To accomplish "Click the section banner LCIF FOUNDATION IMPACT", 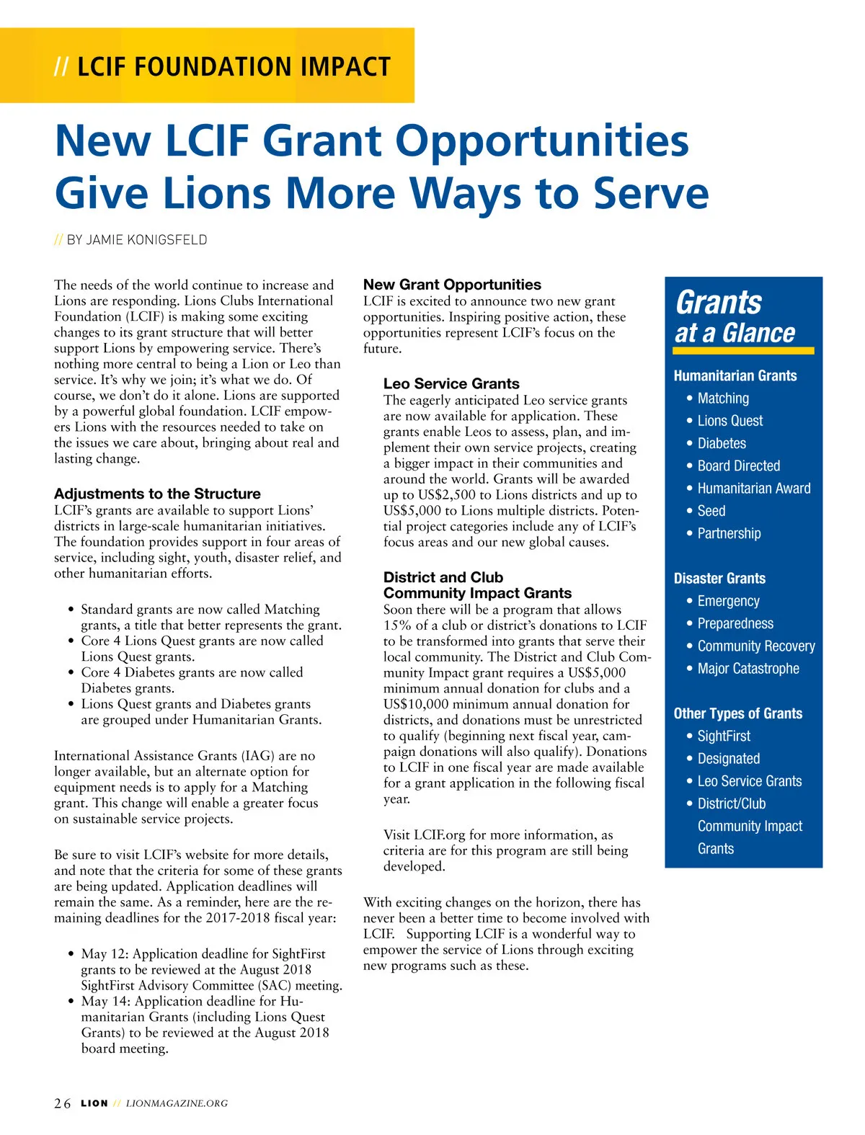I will coord(233,67).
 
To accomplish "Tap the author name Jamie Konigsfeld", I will coord(146,240).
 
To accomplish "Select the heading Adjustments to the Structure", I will coord(157,494).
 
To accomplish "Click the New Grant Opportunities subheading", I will coord(452,285).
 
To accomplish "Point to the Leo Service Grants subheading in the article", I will coord(451,383).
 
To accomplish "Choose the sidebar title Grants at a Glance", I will coord(735,318).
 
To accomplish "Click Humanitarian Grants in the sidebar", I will coord(735,375).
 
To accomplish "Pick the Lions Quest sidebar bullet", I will coord(729,421).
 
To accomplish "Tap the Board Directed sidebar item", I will coord(738,466).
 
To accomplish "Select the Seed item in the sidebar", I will coord(711,511).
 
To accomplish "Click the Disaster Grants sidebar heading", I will coord(719,579).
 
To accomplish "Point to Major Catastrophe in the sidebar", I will coord(748,669).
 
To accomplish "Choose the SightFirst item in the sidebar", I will coord(724,736).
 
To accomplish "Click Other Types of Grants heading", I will coord(737,713).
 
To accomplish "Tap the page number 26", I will coord(63,1103).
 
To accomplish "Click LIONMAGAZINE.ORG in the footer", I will coord(177,1103).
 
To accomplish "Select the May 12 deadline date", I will coord(105,954).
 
